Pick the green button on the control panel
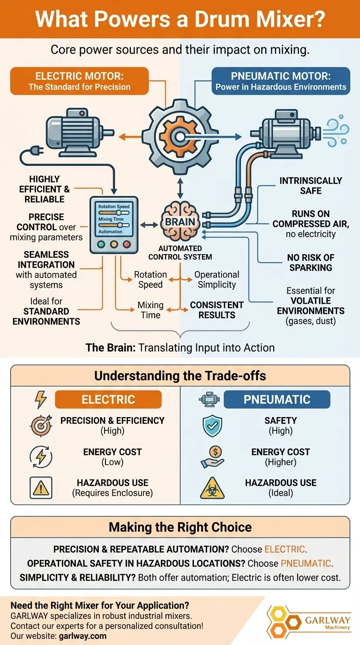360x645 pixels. [100, 244]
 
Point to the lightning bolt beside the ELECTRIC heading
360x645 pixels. [41, 399]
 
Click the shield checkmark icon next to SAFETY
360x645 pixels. [212, 426]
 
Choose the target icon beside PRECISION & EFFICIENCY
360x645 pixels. [41, 426]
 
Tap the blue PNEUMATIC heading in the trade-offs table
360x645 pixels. [277, 400]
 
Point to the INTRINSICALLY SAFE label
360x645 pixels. [310, 185]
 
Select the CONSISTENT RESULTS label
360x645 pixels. [217, 310]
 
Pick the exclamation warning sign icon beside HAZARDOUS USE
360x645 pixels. [41, 488]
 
